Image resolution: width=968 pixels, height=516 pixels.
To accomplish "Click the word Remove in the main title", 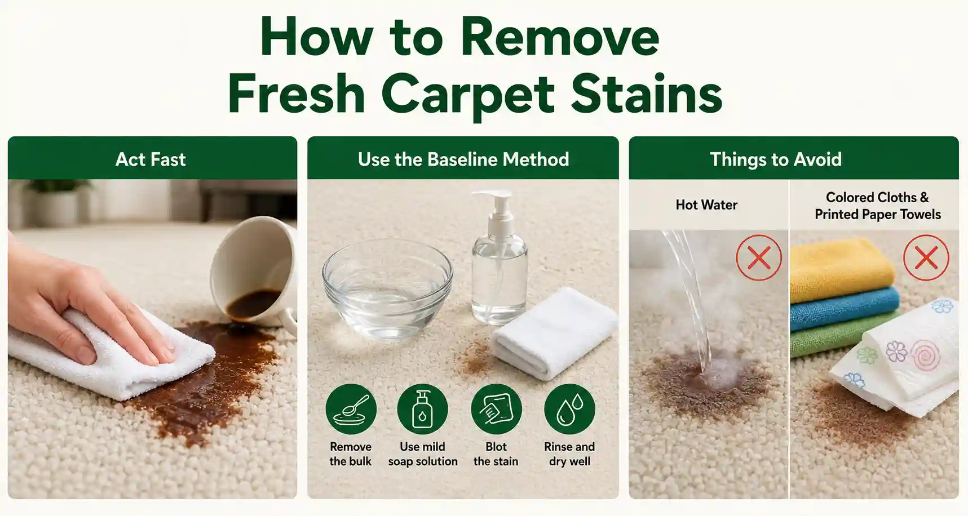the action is pyautogui.click(x=560, y=37).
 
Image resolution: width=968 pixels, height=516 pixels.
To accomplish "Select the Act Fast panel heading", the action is pyautogui.click(x=151, y=159).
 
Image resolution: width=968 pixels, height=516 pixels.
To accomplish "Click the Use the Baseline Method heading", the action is pyautogui.click(x=463, y=159).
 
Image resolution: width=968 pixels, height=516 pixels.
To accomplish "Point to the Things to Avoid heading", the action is pyautogui.click(x=775, y=159).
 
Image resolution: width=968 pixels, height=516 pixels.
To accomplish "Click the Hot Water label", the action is pyautogui.click(x=706, y=205).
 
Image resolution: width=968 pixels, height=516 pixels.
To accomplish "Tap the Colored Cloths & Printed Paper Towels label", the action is pyautogui.click(x=877, y=206).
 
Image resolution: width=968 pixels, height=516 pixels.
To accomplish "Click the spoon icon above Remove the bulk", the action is pyautogui.click(x=351, y=409).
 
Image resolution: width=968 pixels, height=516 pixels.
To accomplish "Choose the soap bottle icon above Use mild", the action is pyautogui.click(x=422, y=409).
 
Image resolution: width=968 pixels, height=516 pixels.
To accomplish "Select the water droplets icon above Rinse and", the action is pyautogui.click(x=569, y=409).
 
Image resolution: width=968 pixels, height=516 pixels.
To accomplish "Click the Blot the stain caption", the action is pyautogui.click(x=496, y=454).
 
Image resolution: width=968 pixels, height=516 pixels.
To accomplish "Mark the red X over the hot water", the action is pyautogui.click(x=759, y=257).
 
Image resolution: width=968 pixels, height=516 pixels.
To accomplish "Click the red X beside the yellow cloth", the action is pyautogui.click(x=926, y=257).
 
